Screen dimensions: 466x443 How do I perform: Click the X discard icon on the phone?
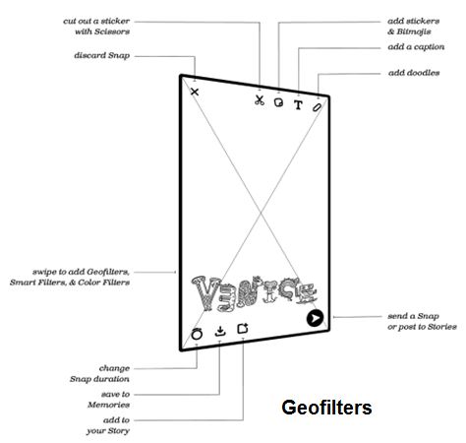[195, 92]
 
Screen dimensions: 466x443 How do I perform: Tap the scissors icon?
[260, 100]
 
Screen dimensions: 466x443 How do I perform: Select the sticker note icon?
[278, 102]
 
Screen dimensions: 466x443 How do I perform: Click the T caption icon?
[298, 105]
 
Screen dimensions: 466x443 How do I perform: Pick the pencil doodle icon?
[317, 107]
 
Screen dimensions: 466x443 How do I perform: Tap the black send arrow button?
[315, 318]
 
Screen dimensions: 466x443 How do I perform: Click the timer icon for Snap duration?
[197, 334]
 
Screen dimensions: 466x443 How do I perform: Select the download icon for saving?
[220, 331]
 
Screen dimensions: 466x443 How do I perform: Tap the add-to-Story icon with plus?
[243, 328]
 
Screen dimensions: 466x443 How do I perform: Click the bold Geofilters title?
[326, 408]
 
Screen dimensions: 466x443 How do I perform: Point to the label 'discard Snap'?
[102, 55]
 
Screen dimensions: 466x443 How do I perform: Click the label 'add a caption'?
[416, 47]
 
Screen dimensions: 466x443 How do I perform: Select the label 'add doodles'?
[414, 73]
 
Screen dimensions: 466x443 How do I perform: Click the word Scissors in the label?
[112, 32]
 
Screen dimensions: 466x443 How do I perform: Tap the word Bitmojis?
[414, 32]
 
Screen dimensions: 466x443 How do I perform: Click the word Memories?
[108, 405]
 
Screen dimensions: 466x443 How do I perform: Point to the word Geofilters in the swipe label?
[108, 272]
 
